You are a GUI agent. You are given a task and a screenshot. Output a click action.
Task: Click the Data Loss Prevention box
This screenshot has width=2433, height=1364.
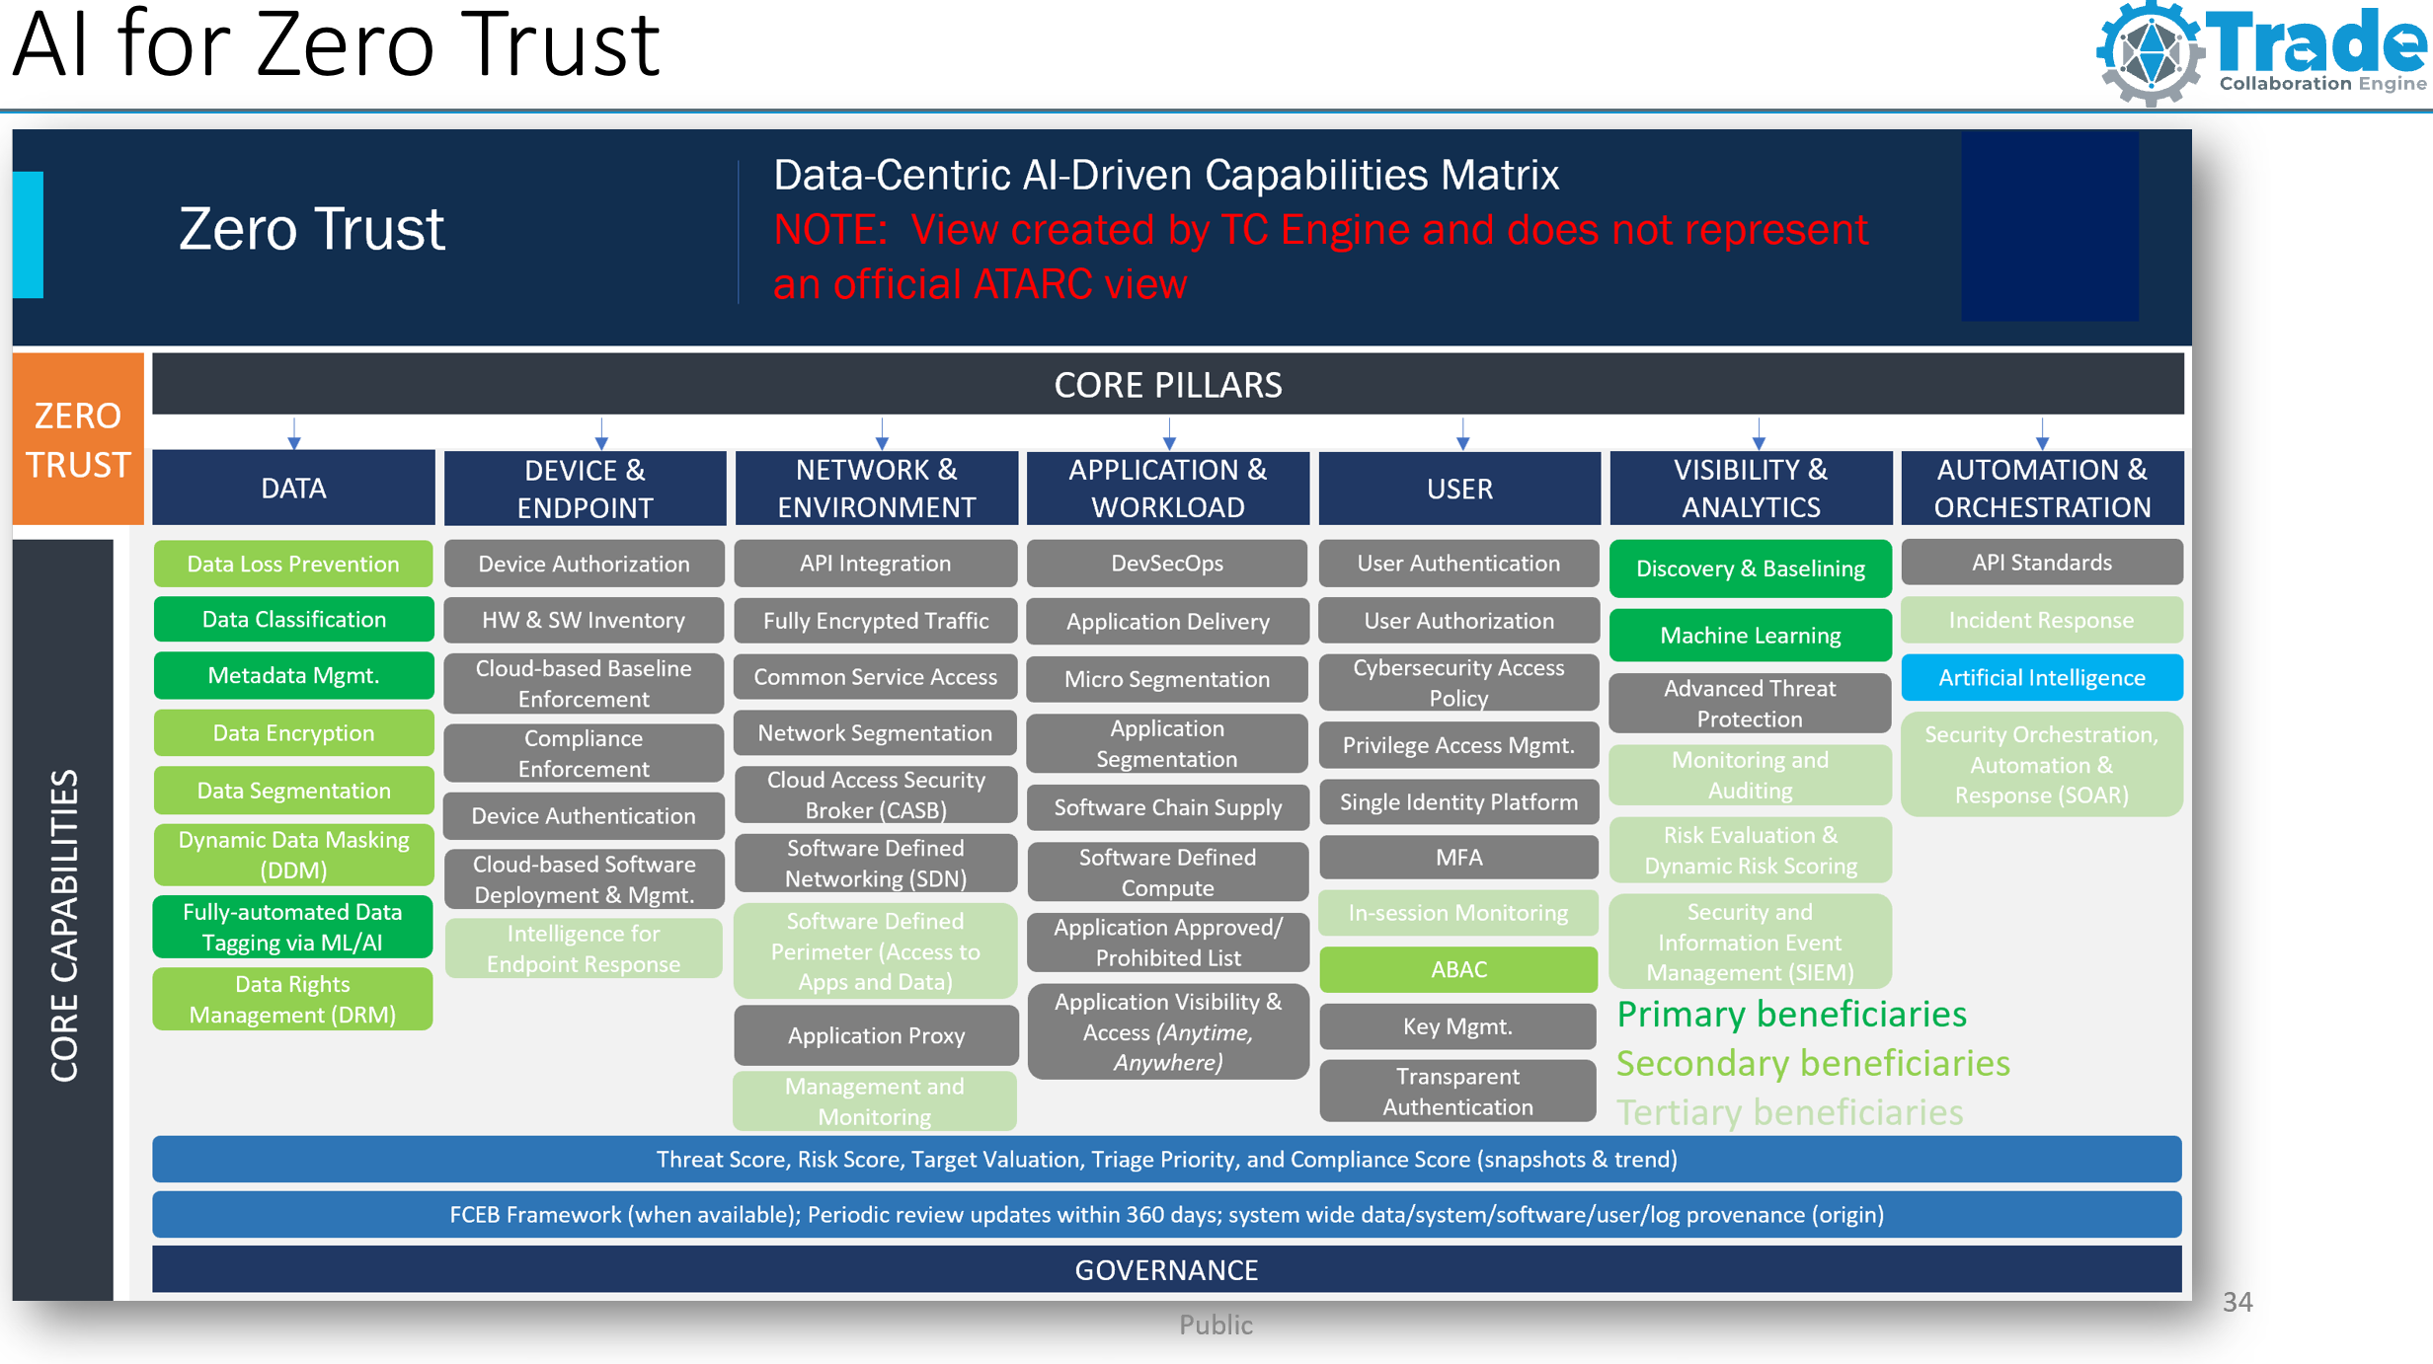293,564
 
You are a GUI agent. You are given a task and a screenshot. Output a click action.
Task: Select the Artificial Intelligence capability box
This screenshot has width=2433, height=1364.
2041,677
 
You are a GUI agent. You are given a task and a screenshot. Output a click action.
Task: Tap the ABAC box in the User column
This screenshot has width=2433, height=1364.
1458,969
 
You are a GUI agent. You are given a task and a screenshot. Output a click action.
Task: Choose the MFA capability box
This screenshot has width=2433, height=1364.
1458,857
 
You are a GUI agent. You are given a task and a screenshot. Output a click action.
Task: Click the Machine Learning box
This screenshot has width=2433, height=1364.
1750,635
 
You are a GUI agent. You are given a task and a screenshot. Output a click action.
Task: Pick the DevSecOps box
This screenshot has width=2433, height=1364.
1167,564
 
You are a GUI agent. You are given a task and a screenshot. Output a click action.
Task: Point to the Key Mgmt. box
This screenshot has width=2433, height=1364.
1457,1026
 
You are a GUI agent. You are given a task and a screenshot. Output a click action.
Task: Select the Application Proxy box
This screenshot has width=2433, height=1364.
876,1035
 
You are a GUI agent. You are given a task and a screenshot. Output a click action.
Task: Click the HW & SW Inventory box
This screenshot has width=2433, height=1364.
584,620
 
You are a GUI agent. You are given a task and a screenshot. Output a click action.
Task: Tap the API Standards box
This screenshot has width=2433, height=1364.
2041,563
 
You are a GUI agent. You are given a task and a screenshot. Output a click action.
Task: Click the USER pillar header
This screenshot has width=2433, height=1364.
1459,489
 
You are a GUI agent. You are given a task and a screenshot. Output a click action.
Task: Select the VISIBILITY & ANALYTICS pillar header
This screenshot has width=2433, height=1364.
1751,489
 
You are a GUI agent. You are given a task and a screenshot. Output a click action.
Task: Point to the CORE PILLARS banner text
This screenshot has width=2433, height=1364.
1168,385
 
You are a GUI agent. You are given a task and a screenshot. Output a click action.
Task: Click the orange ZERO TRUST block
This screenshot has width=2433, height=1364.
78,439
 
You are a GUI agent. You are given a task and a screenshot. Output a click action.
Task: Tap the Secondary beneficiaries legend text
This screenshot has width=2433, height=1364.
1813,1063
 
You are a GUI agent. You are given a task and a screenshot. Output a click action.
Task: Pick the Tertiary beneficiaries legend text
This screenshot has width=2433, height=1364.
1789,1112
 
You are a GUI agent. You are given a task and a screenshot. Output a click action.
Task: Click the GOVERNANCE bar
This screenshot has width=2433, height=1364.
1166,1269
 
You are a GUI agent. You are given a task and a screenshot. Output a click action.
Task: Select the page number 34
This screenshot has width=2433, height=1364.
2237,1302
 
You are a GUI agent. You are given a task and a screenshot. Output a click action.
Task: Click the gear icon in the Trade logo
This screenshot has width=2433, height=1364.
2150,53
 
